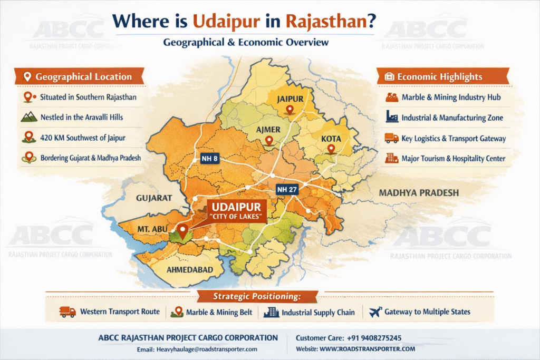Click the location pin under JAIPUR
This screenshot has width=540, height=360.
[288, 110]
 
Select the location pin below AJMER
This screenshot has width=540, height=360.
[268, 141]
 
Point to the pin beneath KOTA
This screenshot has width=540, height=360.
[331, 149]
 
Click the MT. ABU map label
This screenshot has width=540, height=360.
[154, 230]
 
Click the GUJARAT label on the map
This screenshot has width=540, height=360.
[154, 198]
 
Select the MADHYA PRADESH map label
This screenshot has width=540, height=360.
[419, 193]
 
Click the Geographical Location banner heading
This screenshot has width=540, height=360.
[83, 77]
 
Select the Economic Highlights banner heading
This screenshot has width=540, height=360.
[439, 77]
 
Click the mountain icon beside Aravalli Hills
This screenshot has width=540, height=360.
[28, 118]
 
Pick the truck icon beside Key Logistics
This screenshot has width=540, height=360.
[392, 139]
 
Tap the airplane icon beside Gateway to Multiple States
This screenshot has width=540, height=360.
[375, 312]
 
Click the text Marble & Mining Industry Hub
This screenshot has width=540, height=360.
[451, 98]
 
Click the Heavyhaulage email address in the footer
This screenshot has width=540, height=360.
[207, 349]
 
